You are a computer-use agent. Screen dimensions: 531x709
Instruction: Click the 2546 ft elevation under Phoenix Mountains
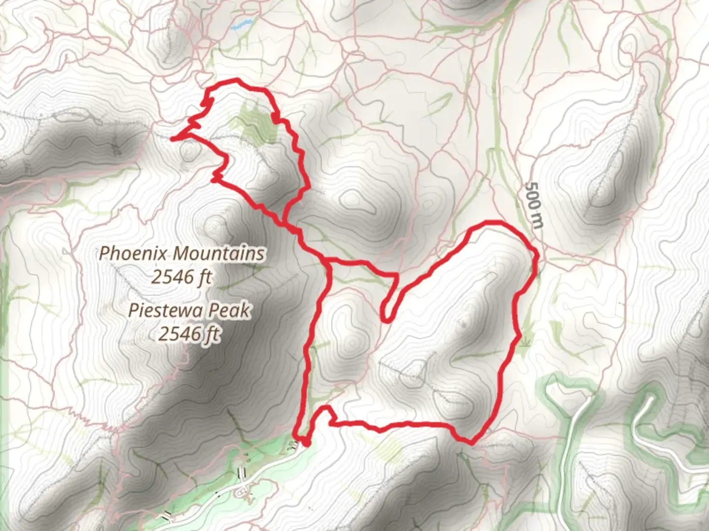[x=181, y=277]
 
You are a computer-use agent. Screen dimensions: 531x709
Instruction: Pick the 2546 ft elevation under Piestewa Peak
[x=189, y=334]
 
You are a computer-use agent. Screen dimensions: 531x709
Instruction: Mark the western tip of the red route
[x=172, y=139]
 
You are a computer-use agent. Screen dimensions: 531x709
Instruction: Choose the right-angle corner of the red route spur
[x=396, y=274]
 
